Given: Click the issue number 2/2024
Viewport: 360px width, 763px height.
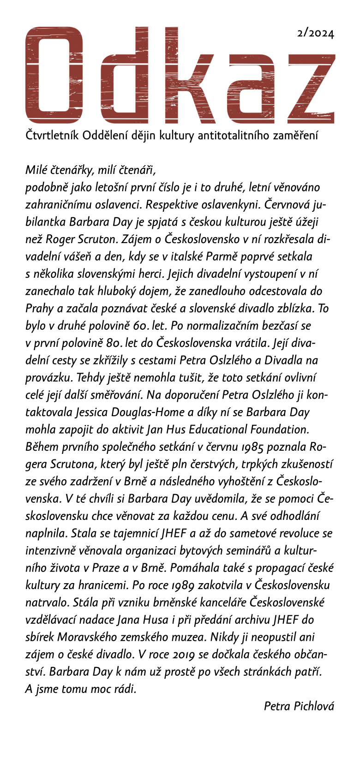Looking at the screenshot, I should (x=316, y=33).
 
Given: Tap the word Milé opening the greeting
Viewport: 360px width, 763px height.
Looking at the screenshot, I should (x=36, y=171).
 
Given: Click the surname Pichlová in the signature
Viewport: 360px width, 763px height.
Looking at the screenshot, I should (x=316, y=706).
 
